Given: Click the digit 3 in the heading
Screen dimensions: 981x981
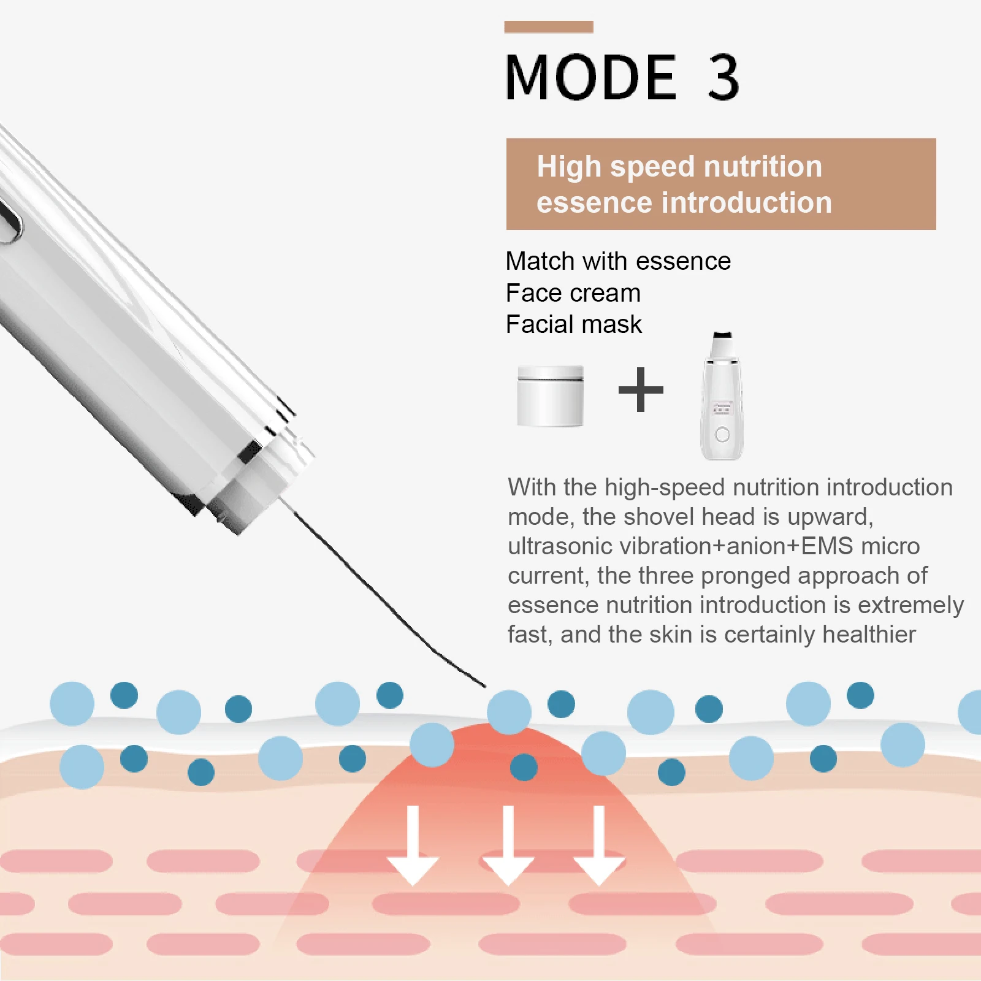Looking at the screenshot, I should pyautogui.click(x=723, y=78).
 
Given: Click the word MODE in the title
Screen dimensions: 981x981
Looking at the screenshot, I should pyautogui.click(x=590, y=78).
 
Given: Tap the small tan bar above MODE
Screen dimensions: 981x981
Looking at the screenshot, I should pyautogui.click(x=548, y=27).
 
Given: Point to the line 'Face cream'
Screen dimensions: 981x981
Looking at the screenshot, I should pyautogui.click(x=573, y=293).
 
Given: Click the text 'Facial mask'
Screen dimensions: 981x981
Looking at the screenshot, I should pyautogui.click(x=573, y=324).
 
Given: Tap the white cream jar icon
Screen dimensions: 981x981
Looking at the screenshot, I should pyautogui.click(x=550, y=395).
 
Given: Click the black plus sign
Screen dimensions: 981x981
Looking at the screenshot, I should pyautogui.click(x=641, y=389).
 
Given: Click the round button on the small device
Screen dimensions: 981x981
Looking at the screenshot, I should pyautogui.click(x=722, y=435).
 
